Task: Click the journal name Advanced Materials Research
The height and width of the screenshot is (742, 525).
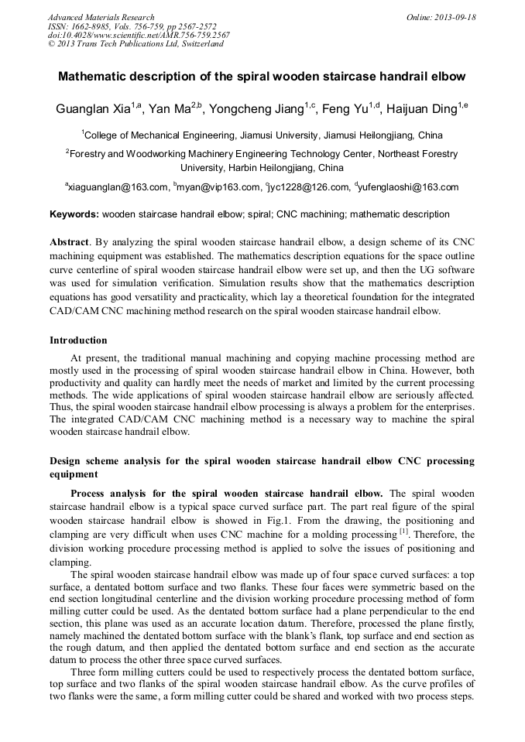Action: [x=101, y=17]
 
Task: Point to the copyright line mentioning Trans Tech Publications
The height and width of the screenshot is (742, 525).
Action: [x=136, y=44]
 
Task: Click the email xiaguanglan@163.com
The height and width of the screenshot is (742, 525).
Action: [x=118, y=187]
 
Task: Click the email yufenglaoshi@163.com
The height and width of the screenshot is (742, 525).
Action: [x=409, y=187]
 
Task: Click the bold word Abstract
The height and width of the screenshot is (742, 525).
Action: [x=69, y=241]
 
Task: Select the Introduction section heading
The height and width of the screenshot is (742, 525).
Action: [x=78, y=340]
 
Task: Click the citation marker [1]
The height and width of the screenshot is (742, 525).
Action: [x=403, y=532]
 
